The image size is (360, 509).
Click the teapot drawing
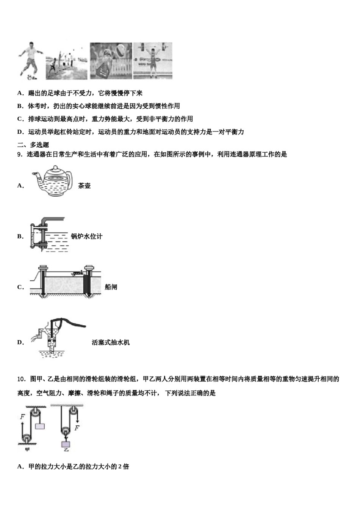[53, 182]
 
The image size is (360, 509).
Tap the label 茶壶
[84, 186]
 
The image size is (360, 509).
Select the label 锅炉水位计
[86, 236]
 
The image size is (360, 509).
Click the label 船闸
[111, 287]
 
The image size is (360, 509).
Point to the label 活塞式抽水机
[111, 342]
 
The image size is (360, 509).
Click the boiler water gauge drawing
[47, 235]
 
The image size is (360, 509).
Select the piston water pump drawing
[57, 337]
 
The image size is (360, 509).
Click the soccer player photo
[29, 61]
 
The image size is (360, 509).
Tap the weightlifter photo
[152, 61]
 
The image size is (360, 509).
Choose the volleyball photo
[111, 61]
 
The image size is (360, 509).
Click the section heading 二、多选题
[33, 145]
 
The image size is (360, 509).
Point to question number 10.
[22, 379]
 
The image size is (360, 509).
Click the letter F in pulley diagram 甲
[22, 417]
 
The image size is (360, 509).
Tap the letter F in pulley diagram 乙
[77, 428]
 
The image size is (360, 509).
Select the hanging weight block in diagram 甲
[39, 426]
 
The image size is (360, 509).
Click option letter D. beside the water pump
[20, 342]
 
